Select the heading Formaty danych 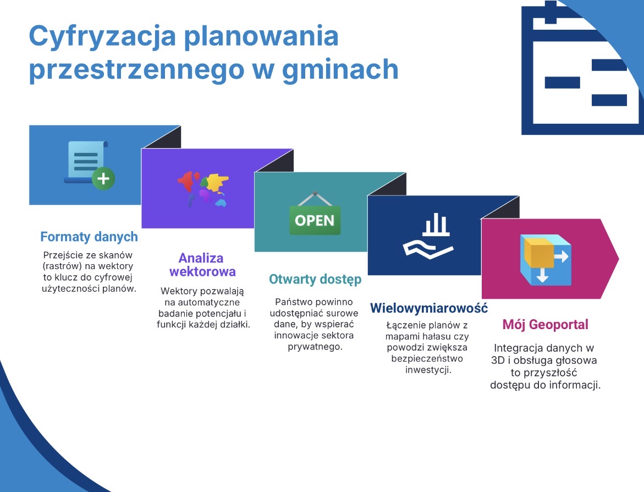[89, 237]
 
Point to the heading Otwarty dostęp [315, 280]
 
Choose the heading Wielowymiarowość [429, 308]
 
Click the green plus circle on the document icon [103, 179]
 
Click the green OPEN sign [315, 220]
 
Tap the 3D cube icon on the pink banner [544, 259]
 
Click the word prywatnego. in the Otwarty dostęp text [315, 347]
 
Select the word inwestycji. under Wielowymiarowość [428, 370]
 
